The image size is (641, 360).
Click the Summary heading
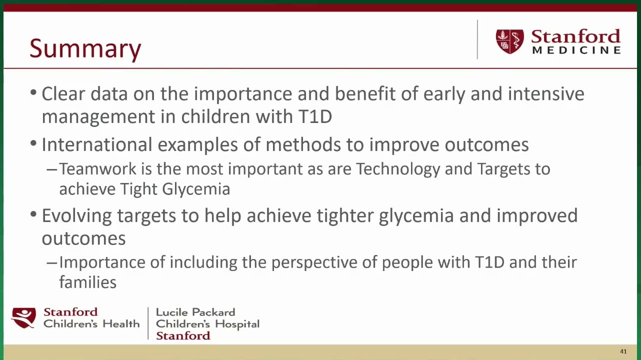pyautogui.click(x=85, y=48)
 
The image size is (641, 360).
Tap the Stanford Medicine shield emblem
pyautogui.click(x=509, y=41)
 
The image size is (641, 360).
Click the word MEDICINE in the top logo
pyautogui.click(x=576, y=50)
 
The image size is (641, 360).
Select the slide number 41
pyautogui.click(x=623, y=351)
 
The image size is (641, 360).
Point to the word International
pyautogui.click(x=96, y=144)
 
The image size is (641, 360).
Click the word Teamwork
pyautogui.click(x=97, y=169)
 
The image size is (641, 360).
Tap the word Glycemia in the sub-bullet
pyautogui.click(x=196, y=189)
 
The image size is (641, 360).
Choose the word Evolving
pyautogui.click(x=76, y=216)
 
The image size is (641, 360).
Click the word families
pyautogui.click(x=88, y=282)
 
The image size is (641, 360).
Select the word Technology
pyautogui.click(x=398, y=169)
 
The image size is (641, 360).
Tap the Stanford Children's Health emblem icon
pyautogui.click(x=23, y=318)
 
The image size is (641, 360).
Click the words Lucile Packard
pyautogui.click(x=195, y=312)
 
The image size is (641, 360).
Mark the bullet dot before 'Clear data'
pyautogui.click(x=33, y=92)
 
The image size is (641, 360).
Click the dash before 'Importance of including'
pyautogui.click(x=52, y=263)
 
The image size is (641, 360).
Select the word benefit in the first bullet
pyautogui.click(x=365, y=94)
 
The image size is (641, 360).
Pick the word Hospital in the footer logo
pyautogui.click(x=237, y=324)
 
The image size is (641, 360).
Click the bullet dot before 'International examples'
pyautogui.click(x=33, y=143)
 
